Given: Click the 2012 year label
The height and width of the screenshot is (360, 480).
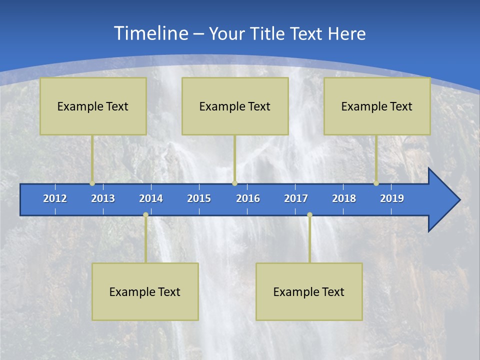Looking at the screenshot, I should tap(55, 198).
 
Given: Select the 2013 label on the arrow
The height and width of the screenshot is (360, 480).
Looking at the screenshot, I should tap(103, 198).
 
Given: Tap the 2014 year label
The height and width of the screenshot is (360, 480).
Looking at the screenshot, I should tap(151, 198).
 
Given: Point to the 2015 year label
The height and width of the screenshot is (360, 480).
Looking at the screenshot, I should tap(199, 198).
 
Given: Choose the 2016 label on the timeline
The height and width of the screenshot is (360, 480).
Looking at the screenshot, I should tap(248, 198).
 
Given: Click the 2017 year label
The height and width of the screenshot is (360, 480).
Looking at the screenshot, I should tap(296, 198).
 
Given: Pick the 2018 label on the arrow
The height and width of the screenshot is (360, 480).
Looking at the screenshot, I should tap(344, 198).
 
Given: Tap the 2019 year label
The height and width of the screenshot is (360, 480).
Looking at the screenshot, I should tap(392, 198).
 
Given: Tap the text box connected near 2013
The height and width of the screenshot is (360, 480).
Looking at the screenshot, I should tap(93, 106).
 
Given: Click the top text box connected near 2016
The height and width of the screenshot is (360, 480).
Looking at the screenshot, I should tap(235, 106).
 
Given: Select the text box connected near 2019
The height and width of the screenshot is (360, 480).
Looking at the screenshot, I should tap(377, 106).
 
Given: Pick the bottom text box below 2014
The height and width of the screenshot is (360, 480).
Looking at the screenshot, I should tap(145, 291).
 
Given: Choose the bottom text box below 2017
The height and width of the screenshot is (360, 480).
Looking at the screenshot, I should tap(309, 291).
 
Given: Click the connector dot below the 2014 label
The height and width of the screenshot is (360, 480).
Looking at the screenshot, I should tap(145, 215).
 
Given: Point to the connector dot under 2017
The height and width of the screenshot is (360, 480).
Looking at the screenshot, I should tap(309, 215).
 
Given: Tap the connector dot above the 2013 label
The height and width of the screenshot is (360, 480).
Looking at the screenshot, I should tap(92, 183).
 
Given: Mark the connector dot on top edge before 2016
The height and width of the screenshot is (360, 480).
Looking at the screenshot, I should tap(234, 183).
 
